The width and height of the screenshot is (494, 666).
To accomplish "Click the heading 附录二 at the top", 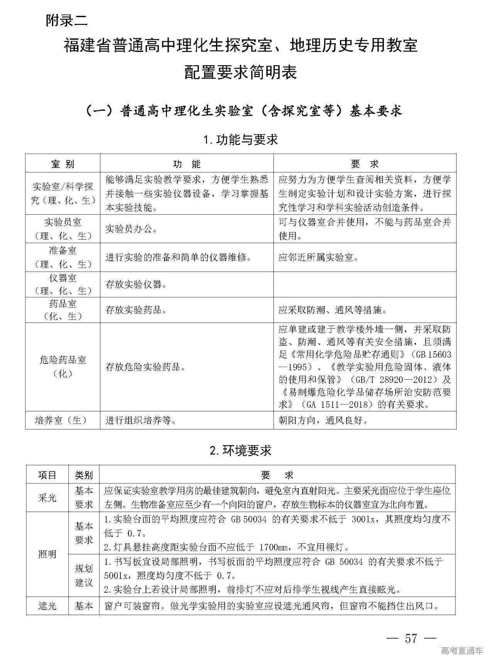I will [x=66, y=20].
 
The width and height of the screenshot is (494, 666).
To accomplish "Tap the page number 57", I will [x=411, y=638].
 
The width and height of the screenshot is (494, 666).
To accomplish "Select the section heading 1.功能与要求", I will [x=241, y=140].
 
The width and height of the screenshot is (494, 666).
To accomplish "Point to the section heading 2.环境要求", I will [x=241, y=450].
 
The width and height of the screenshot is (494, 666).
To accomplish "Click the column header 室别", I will [x=63, y=164].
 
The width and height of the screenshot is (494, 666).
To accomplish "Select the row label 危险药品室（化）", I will [x=63, y=367].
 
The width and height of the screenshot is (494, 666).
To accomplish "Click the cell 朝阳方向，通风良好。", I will [x=323, y=420].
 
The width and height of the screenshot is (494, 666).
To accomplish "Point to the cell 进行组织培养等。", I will [x=141, y=420].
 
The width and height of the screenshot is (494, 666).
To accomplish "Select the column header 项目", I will [x=47, y=475].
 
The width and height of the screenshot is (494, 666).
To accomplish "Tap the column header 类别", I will [x=84, y=475].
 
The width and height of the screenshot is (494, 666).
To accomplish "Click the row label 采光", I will [x=47, y=498].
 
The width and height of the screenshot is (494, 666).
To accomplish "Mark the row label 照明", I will [x=47, y=554].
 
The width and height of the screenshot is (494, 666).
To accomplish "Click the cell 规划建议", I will [x=84, y=575].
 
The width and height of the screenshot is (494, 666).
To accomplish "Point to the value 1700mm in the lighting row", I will [x=275, y=547].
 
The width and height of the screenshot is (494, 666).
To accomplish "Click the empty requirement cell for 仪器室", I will [x=365, y=285].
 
